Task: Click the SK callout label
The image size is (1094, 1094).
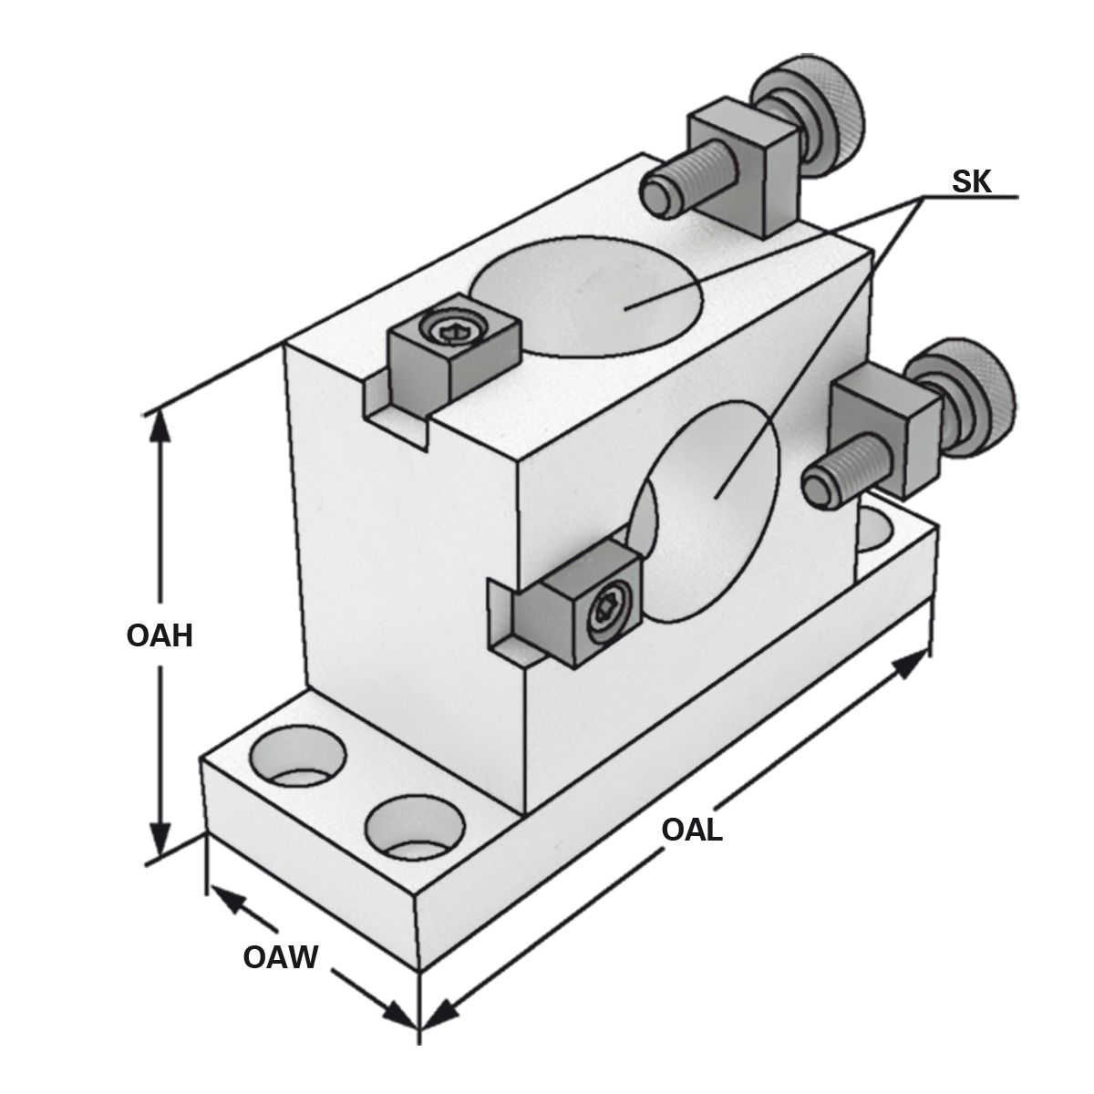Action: (972, 181)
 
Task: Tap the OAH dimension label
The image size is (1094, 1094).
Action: (160, 635)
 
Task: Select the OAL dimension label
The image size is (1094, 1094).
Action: (692, 830)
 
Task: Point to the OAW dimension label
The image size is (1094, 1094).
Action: (280, 957)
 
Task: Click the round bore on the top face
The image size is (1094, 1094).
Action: (587, 295)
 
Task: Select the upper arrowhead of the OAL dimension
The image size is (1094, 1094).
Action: (912, 665)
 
